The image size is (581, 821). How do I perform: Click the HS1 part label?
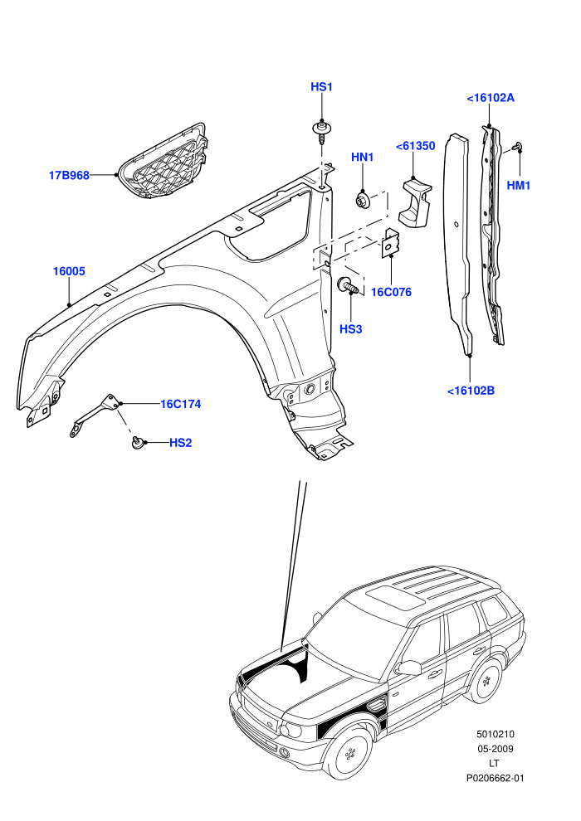click(x=322, y=87)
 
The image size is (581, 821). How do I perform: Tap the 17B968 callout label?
click(x=69, y=176)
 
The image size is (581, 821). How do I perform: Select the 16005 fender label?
click(x=69, y=271)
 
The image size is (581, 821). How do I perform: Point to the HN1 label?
click(x=362, y=157)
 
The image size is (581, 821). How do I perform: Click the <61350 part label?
click(x=416, y=146)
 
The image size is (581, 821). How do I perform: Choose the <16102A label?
click(x=491, y=98)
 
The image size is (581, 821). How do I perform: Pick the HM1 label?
click(x=519, y=186)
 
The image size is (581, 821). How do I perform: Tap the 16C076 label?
click(x=392, y=292)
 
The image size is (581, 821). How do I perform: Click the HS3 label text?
click(x=350, y=329)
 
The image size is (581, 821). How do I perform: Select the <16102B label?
click(x=471, y=391)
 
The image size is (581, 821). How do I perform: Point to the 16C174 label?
click(x=181, y=404)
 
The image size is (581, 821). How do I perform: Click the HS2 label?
click(x=181, y=443)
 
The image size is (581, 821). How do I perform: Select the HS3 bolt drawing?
click(x=349, y=286)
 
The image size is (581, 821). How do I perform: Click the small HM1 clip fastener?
click(x=518, y=146)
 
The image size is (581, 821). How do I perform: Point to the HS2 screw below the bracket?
click(x=138, y=442)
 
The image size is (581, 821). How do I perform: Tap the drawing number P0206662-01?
click(x=495, y=778)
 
